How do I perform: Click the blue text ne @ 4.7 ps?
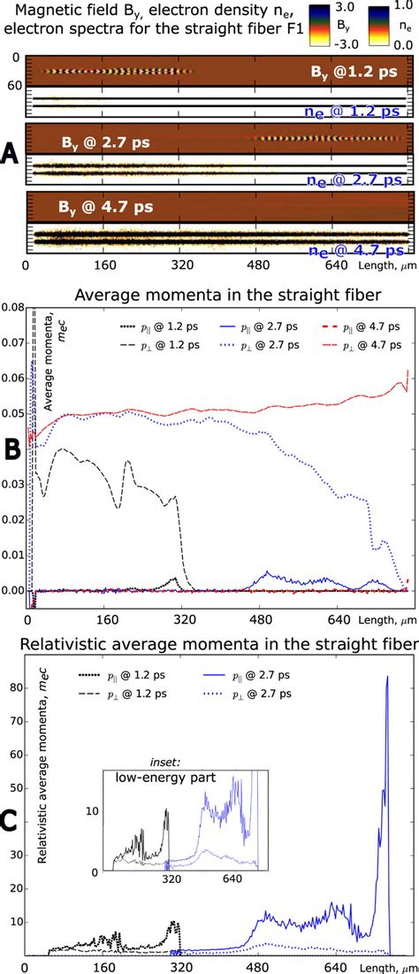click(359, 250)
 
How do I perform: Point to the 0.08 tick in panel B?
click(13, 308)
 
